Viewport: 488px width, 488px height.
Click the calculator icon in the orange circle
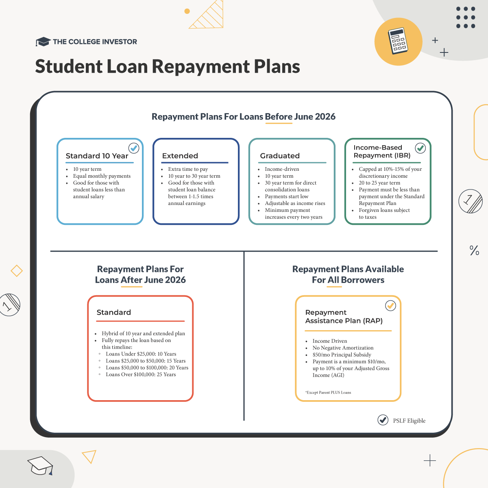coord(398,41)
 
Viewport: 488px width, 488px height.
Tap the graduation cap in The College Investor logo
coord(43,41)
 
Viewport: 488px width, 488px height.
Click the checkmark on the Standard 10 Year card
coord(134,148)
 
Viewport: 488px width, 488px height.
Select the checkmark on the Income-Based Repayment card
coord(420,148)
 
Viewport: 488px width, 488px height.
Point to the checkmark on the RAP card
coord(390,306)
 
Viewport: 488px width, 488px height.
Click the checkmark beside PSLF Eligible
coord(383,420)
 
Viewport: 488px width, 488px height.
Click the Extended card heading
coord(180,156)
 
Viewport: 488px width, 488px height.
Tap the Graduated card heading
coord(280,156)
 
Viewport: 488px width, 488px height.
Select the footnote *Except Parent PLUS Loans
coord(328,392)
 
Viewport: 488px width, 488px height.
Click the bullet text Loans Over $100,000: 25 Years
coord(141,375)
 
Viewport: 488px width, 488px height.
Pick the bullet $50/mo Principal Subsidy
coord(342,355)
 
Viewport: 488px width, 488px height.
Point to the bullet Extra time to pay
coord(188,169)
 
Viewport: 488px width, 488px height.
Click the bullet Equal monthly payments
coord(102,176)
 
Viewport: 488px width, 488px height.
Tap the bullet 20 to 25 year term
coord(379,183)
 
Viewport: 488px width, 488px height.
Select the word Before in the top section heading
coord(279,116)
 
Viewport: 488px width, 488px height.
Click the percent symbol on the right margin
coord(474,250)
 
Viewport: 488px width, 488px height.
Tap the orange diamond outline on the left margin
coord(17,271)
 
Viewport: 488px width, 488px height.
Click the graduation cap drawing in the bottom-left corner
coord(40,466)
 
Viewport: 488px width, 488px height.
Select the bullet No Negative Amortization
coord(343,348)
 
